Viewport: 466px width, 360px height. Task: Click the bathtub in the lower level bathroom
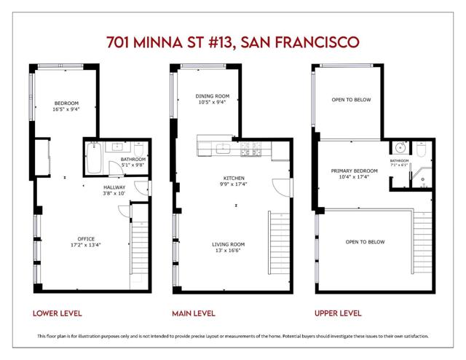[94, 157]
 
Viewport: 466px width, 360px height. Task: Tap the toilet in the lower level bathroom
[139, 149]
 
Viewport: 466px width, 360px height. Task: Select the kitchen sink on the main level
[223, 149]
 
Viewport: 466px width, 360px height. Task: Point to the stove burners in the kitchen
[250, 149]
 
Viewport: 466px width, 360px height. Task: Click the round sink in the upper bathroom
[401, 147]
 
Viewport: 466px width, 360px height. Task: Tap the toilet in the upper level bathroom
[422, 149]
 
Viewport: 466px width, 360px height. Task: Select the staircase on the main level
[280, 243]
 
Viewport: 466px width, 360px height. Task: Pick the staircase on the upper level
[422, 243]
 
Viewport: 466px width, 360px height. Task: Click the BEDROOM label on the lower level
[66, 103]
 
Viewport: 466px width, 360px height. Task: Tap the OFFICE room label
[86, 239]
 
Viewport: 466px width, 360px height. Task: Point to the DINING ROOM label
[213, 96]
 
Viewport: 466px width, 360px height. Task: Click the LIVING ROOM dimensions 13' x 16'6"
[228, 251]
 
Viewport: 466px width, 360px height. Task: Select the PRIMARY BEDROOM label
[355, 171]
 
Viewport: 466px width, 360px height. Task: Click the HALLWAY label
[114, 187]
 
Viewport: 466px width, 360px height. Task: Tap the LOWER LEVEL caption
[58, 313]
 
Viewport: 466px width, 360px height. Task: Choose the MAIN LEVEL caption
[194, 313]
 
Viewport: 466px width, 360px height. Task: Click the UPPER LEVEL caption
[338, 313]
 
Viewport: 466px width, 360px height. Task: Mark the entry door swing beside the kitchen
[282, 187]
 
